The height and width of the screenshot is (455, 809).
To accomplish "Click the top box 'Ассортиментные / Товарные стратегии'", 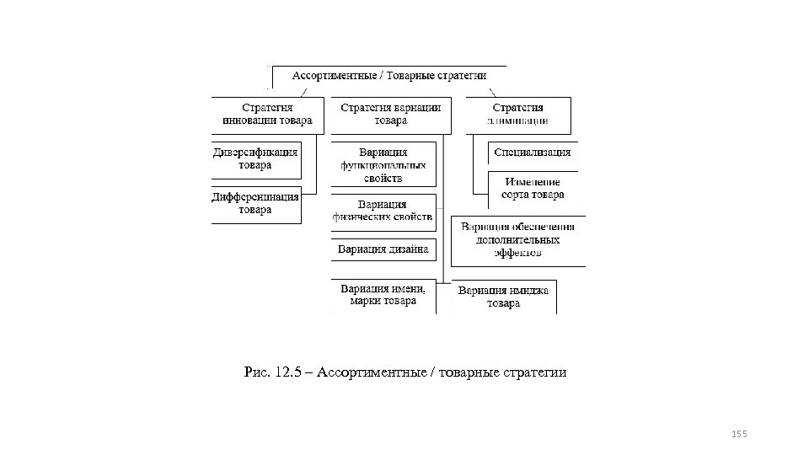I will tap(388, 76).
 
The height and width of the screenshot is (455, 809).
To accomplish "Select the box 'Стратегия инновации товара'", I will tap(266, 115).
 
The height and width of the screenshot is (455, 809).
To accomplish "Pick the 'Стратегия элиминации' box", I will tap(518, 115).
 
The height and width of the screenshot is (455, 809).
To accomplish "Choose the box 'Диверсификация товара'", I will tap(255, 159).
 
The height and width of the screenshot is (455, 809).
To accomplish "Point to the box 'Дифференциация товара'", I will tap(255, 204).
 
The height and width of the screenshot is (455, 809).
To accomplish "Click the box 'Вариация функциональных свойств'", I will tap(383, 165).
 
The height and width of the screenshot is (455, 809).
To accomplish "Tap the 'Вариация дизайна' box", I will tap(383, 249).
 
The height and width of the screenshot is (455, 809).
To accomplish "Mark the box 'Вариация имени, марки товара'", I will tap(383, 296).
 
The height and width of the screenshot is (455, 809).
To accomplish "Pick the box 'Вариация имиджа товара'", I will tap(503, 297).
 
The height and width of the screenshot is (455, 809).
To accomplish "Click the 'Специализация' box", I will tap(532, 153).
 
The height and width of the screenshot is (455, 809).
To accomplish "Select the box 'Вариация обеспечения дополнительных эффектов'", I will tap(518, 239).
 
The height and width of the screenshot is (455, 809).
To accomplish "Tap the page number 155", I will tap(739, 433).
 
